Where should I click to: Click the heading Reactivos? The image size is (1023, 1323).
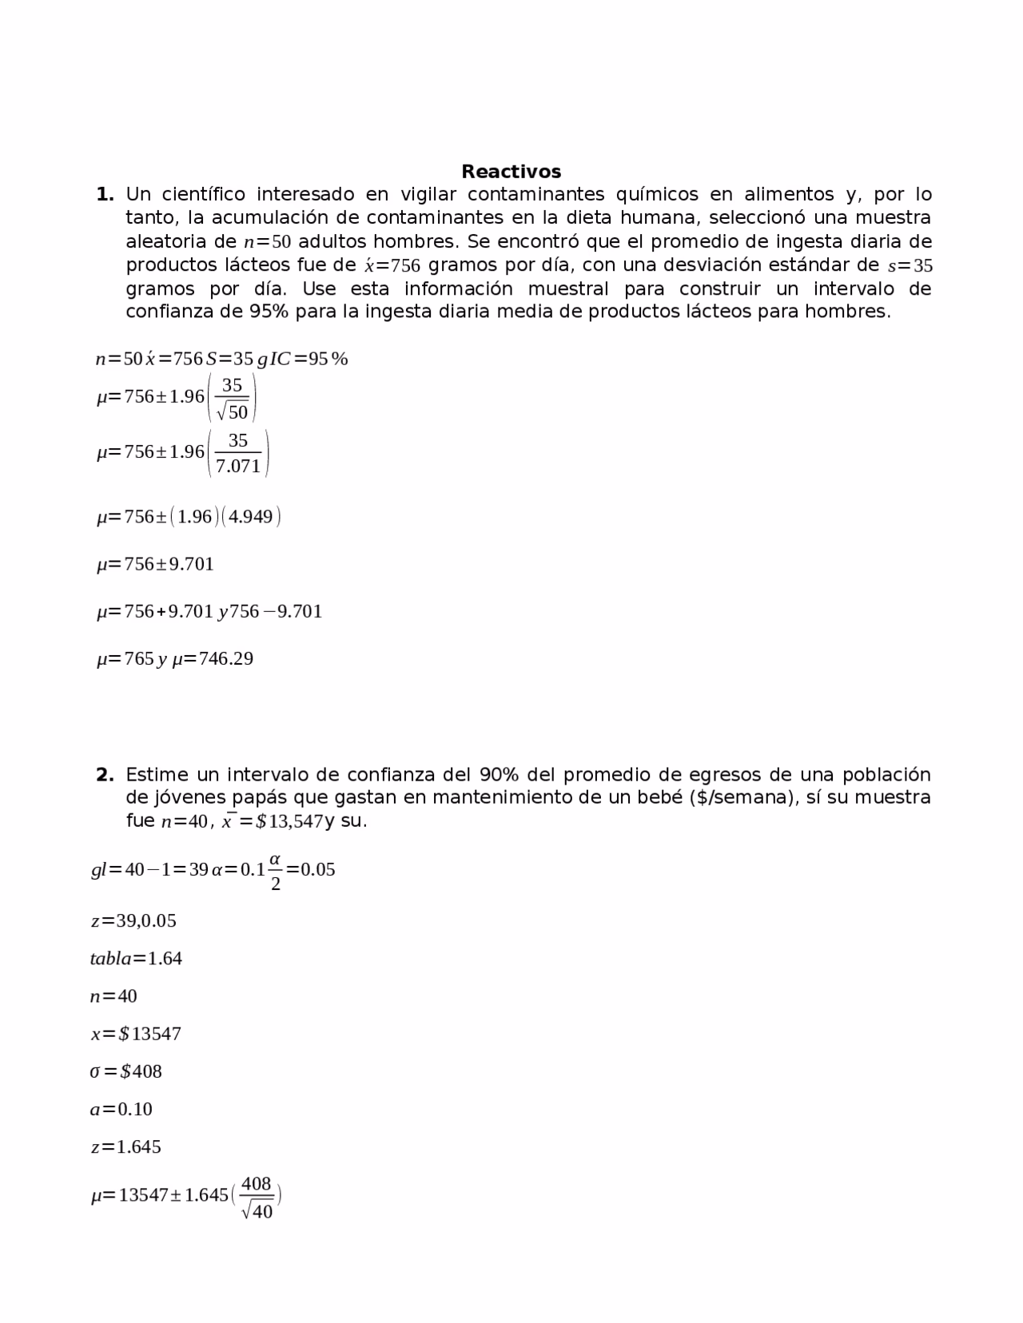[x=511, y=172]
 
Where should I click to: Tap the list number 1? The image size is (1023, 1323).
[x=105, y=194]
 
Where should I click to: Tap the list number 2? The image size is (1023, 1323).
[x=105, y=774]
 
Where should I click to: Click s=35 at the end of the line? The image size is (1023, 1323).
[x=910, y=265]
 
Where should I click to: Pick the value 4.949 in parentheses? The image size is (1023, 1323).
[x=251, y=517]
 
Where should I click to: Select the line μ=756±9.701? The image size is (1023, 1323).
[x=155, y=564]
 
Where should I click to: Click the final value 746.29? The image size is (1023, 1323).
[x=225, y=659]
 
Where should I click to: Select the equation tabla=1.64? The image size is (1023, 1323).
[x=136, y=958]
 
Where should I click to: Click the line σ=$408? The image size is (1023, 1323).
[x=125, y=1071]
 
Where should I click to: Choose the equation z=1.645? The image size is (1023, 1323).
[x=125, y=1146]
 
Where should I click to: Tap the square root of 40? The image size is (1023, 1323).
[x=257, y=1211]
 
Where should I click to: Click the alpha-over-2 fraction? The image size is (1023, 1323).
[x=275, y=871]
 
